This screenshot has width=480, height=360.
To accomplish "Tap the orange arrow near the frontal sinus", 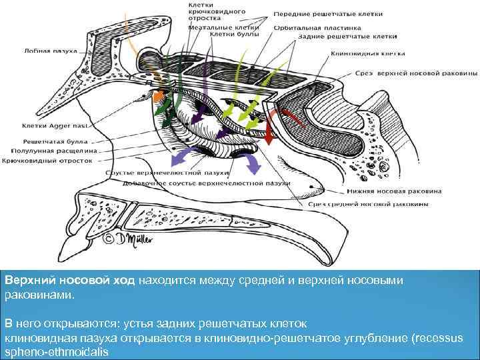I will [x=158, y=97].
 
